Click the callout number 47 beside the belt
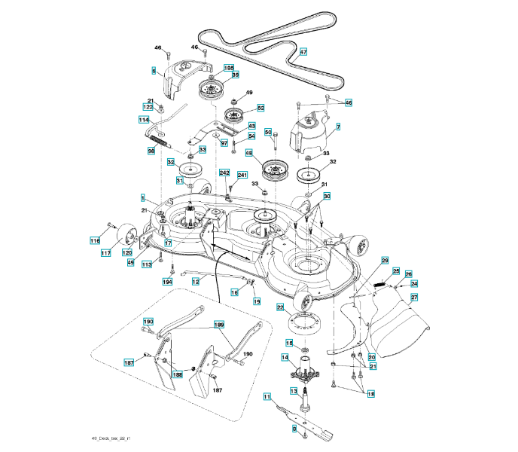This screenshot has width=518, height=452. [x=303, y=53]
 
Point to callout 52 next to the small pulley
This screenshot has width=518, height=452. [x=261, y=108]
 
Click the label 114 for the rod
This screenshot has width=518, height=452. [x=143, y=120]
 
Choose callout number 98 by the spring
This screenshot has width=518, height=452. [x=151, y=151]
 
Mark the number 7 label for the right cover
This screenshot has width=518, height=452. [x=338, y=127]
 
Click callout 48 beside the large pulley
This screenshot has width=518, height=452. [x=248, y=152]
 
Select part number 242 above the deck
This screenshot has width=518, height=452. [x=224, y=173]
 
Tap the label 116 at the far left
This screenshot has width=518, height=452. [x=95, y=241]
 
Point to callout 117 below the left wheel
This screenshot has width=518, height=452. [x=106, y=253]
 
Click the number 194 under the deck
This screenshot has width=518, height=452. [x=168, y=282]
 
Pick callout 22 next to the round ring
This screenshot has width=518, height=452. [x=279, y=307]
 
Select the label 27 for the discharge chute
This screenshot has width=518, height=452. [x=414, y=298]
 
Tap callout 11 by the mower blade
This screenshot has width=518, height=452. [x=267, y=396]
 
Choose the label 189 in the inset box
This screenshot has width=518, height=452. [x=219, y=325]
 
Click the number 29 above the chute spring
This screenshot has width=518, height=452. [x=385, y=261]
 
